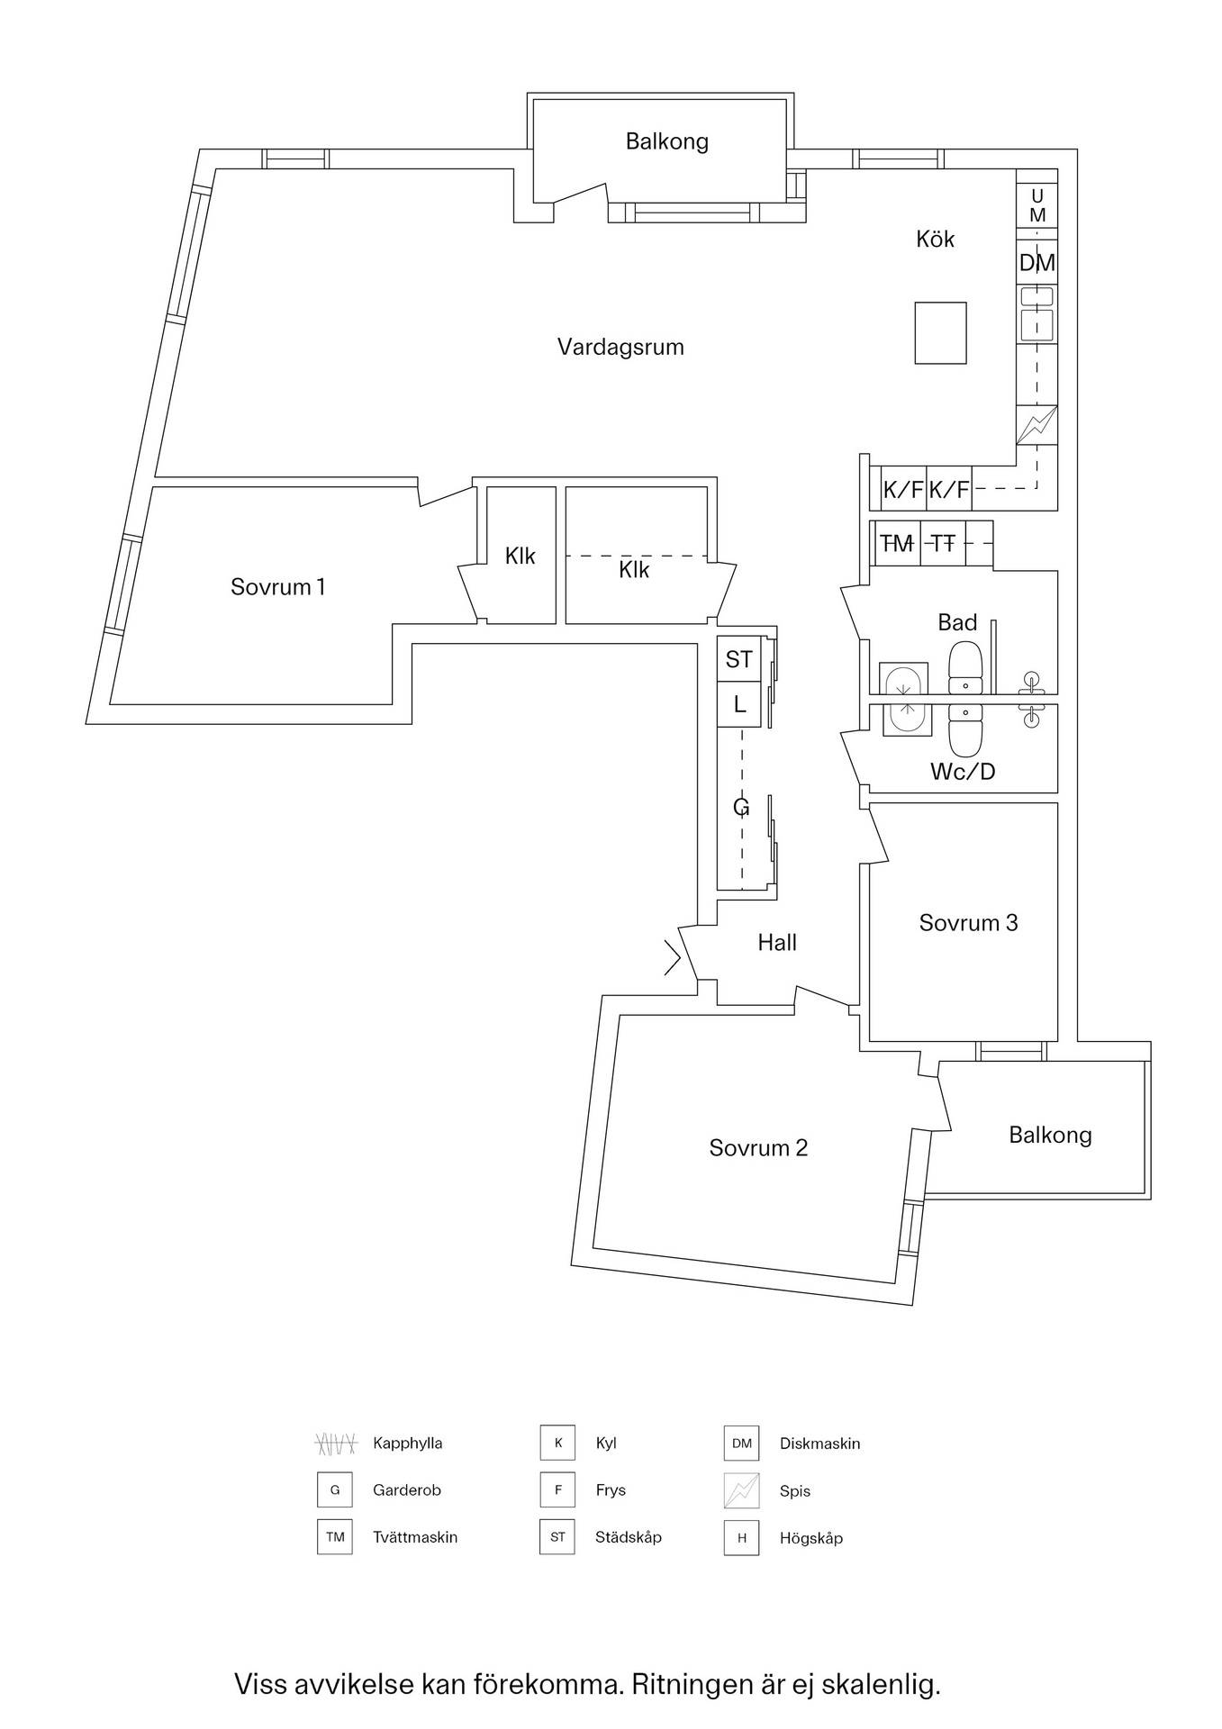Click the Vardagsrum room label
click(620, 347)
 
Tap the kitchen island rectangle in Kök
click(940, 332)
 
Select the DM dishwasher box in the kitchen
click(1036, 263)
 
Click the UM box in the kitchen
click(1037, 205)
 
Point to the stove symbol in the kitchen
click(1036, 425)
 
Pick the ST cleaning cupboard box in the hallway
click(739, 659)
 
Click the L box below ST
click(739, 704)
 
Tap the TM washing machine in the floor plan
click(896, 543)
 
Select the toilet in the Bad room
click(964, 667)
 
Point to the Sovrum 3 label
click(968, 923)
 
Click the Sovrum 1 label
click(277, 587)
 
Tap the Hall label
click(777, 943)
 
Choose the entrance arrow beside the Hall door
click(672, 957)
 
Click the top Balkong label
click(667, 141)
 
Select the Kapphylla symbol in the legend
click(335, 1444)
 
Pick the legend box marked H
click(741, 1538)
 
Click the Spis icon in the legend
click(741, 1491)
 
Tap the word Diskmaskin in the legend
click(819, 1444)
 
